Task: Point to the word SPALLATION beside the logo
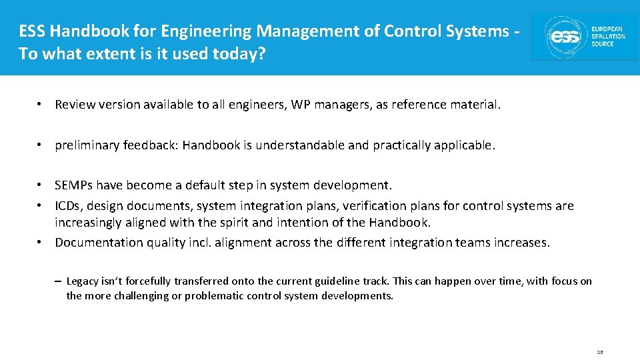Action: click(x=609, y=36)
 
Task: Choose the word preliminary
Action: click(x=85, y=145)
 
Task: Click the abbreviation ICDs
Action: click(x=69, y=206)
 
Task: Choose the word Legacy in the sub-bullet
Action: click(x=83, y=281)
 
